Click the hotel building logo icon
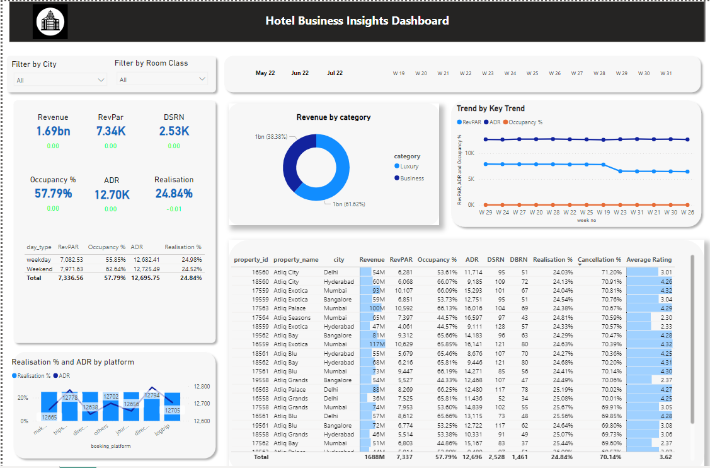click(50, 22)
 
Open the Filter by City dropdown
click(60, 80)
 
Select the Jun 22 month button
click(300, 73)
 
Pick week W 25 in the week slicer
click(532, 73)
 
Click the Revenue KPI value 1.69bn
click(52, 131)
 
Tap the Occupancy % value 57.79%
click(53, 194)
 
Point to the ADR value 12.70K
click(112, 195)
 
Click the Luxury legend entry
click(409, 167)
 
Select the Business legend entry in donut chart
click(411, 178)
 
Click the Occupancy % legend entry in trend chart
click(525, 122)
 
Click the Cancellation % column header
click(599, 259)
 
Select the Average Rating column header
click(649, 259)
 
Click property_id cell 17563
click(260, 308)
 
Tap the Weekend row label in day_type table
click(39, 269)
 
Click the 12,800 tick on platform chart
click(202, 386)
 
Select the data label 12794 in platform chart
click(152, 395)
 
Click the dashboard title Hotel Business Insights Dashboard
click(357, 21)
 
